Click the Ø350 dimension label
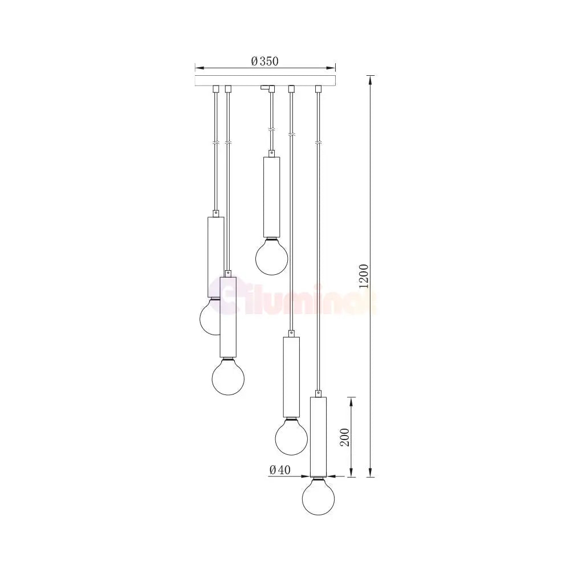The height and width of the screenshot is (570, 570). [264, 61]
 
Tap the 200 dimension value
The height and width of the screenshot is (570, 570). [345, 437]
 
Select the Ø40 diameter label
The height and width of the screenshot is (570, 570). [280, 470]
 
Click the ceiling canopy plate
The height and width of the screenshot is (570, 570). [265, 81]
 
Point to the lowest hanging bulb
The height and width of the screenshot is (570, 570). [319, 496]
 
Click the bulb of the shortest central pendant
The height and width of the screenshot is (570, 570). [271, 256]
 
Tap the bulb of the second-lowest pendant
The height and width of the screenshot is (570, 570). [291, 436]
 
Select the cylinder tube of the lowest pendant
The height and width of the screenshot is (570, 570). [319, 437]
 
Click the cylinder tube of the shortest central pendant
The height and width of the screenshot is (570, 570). [271, 197]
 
